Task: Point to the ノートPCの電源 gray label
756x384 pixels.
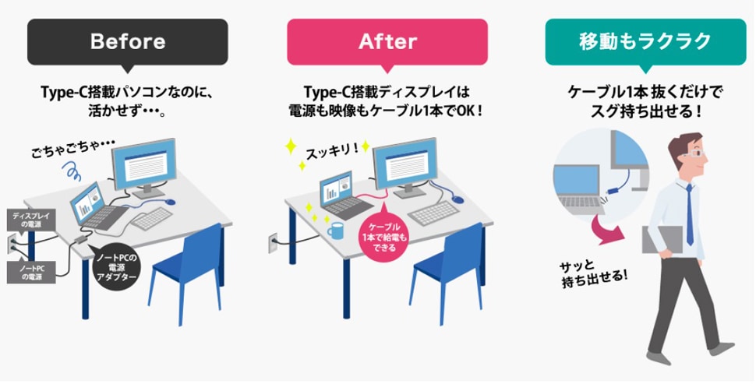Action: [x=31, y=272]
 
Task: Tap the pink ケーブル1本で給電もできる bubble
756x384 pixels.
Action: [x=384, y=234]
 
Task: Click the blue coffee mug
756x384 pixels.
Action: [x=336, y=231]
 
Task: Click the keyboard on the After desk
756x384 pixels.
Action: [x=433, y=213]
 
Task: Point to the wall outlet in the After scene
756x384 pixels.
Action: [x=273, y=243]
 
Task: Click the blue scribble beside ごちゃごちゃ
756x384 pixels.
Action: [x=70, y=171]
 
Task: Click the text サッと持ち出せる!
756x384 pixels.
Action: [x=594, y=273]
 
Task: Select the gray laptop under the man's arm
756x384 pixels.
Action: [x=662, y=239]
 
